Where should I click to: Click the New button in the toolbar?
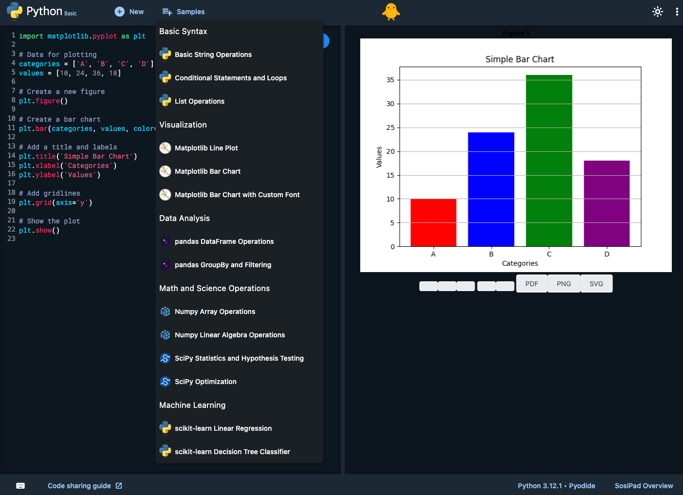(x=129, y=12)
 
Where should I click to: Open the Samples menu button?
(x=184, y=12)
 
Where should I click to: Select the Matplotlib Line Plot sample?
(x=206, y=148)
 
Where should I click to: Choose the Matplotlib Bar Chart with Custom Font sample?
(x=237, y=195)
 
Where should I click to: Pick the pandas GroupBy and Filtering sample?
(x=222, y=265)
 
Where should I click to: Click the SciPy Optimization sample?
(x=205, y=382)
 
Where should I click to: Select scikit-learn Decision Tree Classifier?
(x=232, y=452)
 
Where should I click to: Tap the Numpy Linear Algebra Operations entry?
(x=229, y=335)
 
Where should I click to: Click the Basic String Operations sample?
(x=213, y=55)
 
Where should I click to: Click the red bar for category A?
(x=433, y=222)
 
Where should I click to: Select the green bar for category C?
(x=549, y=161)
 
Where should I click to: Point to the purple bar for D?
(x=607, y=203)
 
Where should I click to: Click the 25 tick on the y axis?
(x=390, y=128)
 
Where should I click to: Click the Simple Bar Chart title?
(x=519, y=59)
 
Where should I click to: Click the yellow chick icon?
(x=391, y=12)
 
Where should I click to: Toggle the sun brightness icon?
(x=658, y=12)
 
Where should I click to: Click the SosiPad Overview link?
(x=644, y=486)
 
